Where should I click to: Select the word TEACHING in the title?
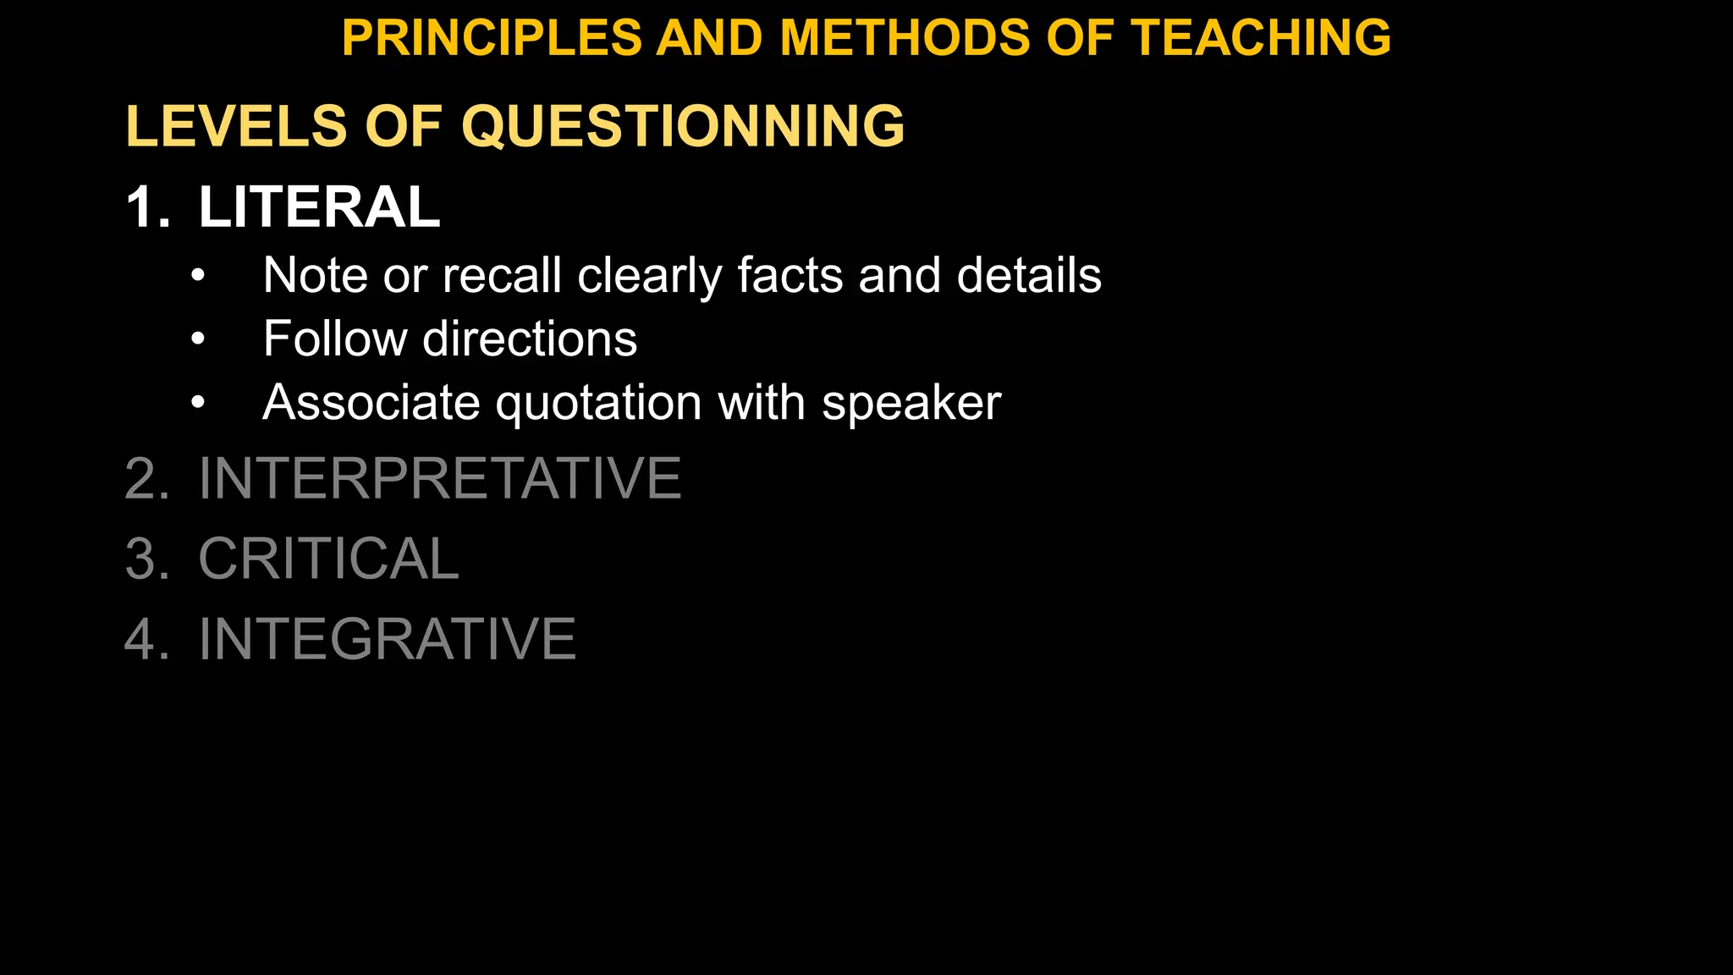1261,39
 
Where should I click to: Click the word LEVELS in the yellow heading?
236,127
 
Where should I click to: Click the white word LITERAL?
319,207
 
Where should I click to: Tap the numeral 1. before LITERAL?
147,207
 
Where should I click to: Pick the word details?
1029,275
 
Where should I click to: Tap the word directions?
530,339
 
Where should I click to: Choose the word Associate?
371,402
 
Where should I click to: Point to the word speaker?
911,404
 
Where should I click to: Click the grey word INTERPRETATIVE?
439,479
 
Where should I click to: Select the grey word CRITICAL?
328,559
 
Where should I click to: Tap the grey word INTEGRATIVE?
387,639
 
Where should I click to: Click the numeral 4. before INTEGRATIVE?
146,639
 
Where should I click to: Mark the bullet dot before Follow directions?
198,339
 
